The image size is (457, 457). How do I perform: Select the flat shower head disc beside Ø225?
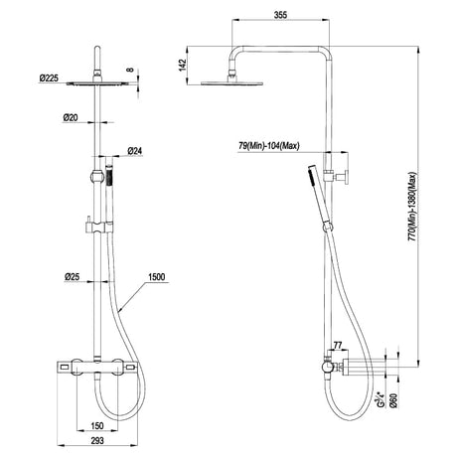pos(95,83)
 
